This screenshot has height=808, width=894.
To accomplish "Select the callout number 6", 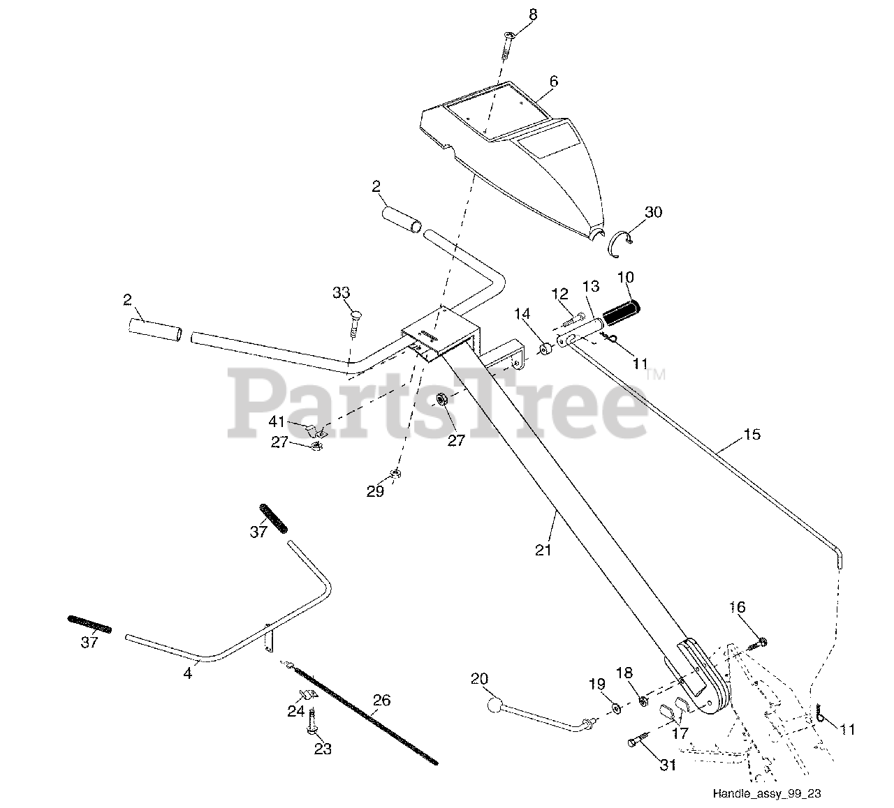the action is click(x=553, y=82).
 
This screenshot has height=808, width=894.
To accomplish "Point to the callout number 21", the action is click(x=544, y=550).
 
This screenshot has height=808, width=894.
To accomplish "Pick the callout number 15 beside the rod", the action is click(x=752, y=435).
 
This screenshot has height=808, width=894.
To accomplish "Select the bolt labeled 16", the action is click(x=759, y=643).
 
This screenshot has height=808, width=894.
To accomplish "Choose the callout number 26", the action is click(x=381, y=700).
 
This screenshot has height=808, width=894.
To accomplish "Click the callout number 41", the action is click(x=277, y=421).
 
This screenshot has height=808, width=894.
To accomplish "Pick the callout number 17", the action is click(x=679, y=733).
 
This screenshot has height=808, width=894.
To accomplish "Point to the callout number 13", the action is click(x=590, y=285).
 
